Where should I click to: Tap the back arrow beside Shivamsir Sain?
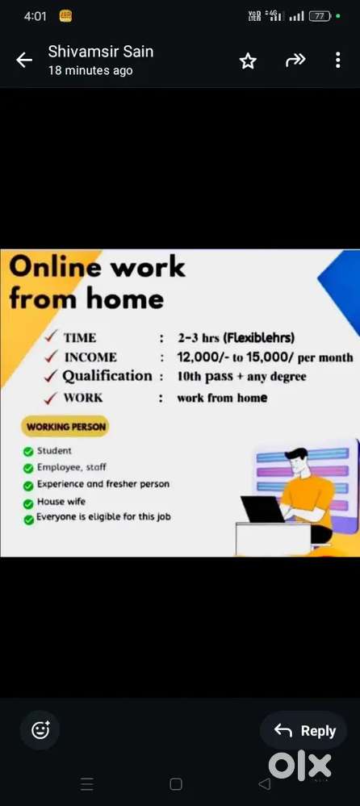(x=24, y=61)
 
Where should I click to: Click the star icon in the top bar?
(x=248, y=61)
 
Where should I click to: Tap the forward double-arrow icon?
(x=295, y=61)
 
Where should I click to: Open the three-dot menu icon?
(x=337, y=61)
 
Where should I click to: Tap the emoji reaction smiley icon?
(x=40, y=730)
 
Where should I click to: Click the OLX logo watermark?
(x=299, y=766)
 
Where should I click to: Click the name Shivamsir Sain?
(x=101, y=52)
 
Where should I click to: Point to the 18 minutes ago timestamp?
(x=90, y=71)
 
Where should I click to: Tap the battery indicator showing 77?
(x=320, y=16)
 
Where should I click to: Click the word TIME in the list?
(x=80, y=338)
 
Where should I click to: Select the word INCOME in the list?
(x=90, y=357)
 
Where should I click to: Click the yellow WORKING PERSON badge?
(x=65, y=427)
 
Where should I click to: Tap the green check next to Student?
(x=28, y=452)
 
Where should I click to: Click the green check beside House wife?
(x=28, y=503)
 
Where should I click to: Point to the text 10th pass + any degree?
(x=241, y=377)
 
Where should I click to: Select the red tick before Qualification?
(x=51, y=376)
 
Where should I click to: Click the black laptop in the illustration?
(x=262, y=509)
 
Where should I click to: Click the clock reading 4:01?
(x=36, y=16)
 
